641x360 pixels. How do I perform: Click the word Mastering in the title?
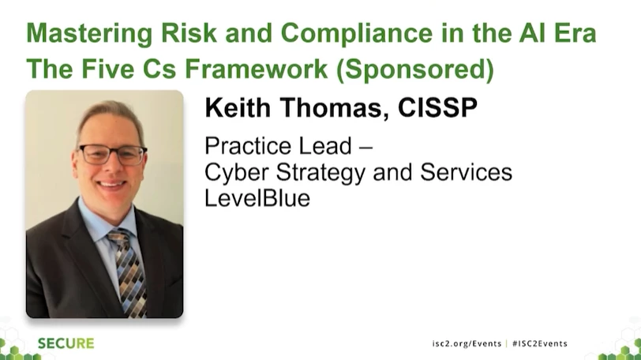(89, 34)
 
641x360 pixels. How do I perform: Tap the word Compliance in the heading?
(357, 32)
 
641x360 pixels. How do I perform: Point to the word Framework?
(257, 68)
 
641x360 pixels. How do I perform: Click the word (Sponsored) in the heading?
(415, 69)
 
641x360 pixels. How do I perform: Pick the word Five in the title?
(107, 68)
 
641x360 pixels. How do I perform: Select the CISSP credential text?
(437, 108)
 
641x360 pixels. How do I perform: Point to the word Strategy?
(320, 173)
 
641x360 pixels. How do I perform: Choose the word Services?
(466, 172)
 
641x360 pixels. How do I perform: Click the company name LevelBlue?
(257, 198)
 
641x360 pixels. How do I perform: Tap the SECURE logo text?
(66, 343)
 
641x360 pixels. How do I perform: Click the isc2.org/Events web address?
(467, 343)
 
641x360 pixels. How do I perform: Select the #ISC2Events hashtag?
(540, 343)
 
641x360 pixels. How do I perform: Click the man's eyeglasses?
(112, 155)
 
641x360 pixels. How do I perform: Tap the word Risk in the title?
(189, 32)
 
